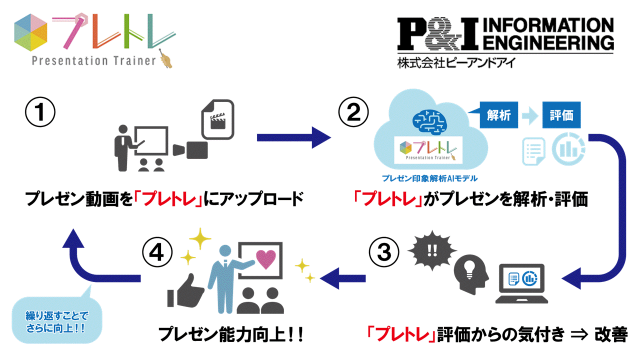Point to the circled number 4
tap(156, 253)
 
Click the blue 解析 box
tap(498, 116)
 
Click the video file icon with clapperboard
tap(217, 120)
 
